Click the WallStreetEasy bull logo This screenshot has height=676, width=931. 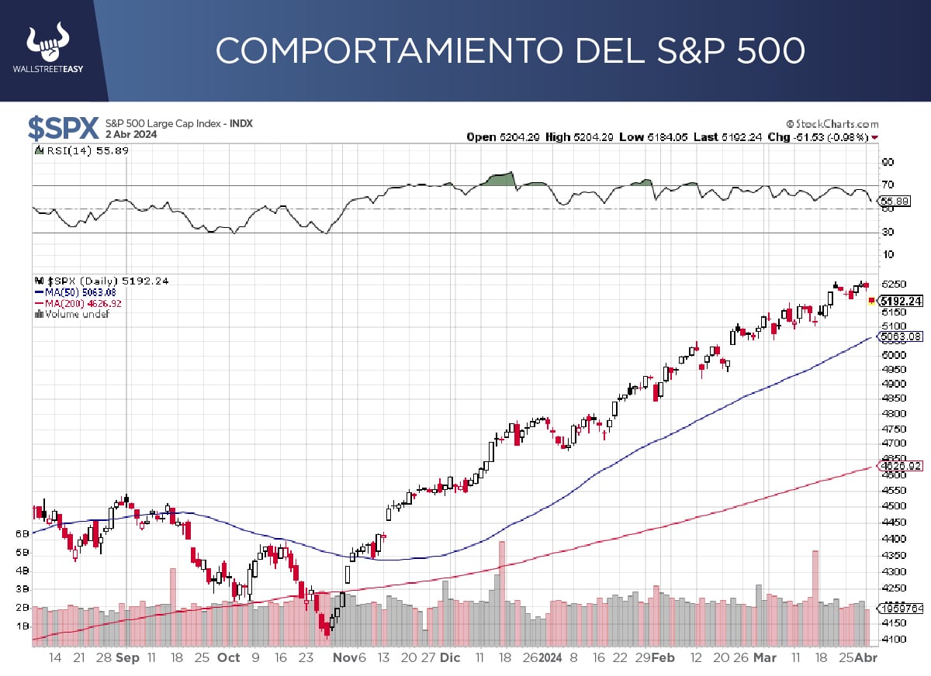47,44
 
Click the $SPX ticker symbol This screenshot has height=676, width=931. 63,128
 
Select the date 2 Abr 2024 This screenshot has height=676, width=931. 131,134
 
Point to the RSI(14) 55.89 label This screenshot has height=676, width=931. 81,150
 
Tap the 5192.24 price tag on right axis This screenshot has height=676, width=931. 902,301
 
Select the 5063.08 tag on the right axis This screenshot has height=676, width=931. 902,336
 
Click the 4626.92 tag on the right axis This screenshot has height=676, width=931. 902,466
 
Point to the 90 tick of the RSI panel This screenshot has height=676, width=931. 888,163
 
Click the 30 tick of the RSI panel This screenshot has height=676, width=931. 888,232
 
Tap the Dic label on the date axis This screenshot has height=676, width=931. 450,657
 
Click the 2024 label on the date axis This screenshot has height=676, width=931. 551,657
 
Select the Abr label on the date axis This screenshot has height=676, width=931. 867,657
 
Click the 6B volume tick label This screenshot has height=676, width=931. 22,534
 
